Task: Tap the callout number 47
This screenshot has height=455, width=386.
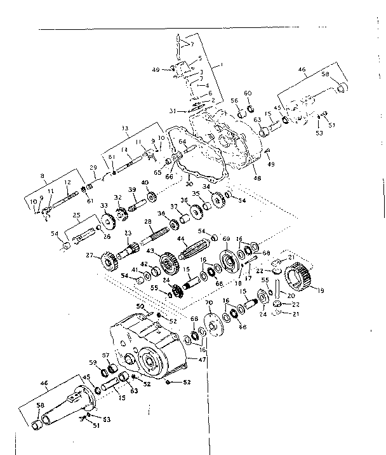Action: (203, 360)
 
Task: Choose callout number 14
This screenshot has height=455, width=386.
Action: (126, 150)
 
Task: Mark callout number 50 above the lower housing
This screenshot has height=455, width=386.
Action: (140, 306)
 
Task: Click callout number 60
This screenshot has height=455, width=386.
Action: (248, 93)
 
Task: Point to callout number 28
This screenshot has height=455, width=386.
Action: (147, 221)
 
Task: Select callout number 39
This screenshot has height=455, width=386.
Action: (133, 190)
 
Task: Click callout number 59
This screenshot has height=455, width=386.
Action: (93, 363)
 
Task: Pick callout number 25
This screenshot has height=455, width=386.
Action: (76, 216)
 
